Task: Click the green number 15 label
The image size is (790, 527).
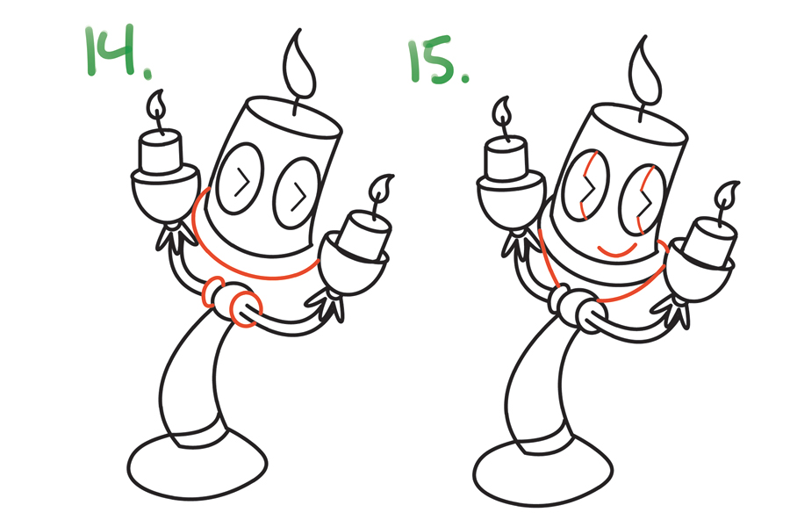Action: click(x=438, y=60)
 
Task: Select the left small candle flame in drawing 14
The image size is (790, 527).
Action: click(x=156, y=104)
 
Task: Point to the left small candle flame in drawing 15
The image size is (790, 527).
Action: click(x=502, y=111)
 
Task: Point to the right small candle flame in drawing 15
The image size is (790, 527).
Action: click(x=727, y=194)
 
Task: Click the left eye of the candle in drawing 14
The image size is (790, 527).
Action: click(x=240, y=179)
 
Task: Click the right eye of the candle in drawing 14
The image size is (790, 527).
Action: click(x=297, y=193)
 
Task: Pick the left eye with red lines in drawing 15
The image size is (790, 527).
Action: click(x=585, y=185)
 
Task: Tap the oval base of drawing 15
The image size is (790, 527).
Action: click(x=543, y=472)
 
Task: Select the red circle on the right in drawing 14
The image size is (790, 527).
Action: click(x=246, y=308)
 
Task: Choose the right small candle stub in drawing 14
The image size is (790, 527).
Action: click(x=365, y=235)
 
